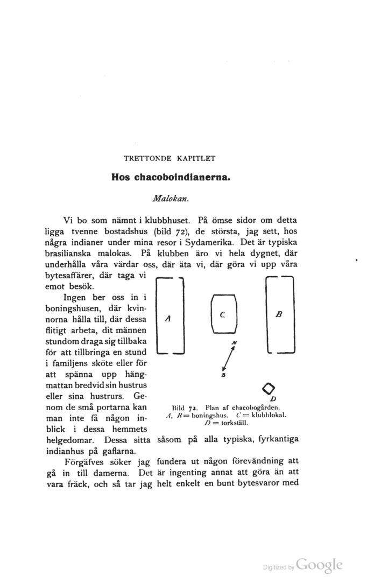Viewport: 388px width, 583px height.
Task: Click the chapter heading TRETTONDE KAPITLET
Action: [x=170, y=158]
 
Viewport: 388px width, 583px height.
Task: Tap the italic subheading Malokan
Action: [x=170, y=198]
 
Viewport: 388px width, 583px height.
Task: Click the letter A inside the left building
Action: [x=168, y=319]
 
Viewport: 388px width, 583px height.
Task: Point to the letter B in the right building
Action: [x=279, y=314]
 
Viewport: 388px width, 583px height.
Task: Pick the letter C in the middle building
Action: [x=222, y=314]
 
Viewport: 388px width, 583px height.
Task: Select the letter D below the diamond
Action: [x=273, y=399]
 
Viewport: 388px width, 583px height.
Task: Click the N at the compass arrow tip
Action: [x=234, y=343]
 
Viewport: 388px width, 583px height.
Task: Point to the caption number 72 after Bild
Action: [x=196, y=407]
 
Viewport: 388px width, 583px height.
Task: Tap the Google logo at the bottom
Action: [x=320, y=565]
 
